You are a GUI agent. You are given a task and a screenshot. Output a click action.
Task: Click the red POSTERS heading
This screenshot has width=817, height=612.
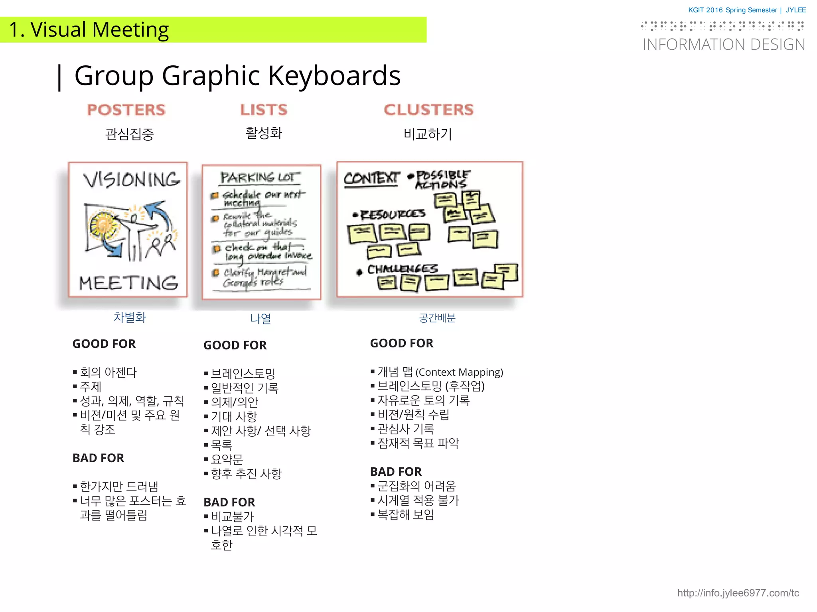pos(126,110)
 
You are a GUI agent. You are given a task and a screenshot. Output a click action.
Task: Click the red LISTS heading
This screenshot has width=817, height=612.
pos(264,110)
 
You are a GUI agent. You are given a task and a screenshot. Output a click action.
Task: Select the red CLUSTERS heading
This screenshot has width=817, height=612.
pos(429,110)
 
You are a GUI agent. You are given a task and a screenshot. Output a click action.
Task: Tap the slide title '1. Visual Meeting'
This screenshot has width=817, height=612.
pos(89,30)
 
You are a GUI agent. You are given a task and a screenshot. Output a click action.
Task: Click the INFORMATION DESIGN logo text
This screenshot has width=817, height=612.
pos(724,45)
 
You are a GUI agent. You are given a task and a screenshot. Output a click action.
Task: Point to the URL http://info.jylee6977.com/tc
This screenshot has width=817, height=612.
pos(738,593)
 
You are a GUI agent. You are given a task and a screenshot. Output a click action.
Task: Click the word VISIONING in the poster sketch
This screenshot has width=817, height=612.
pos(132,180)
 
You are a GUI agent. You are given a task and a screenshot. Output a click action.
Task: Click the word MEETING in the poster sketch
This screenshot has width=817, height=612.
pos(128,283)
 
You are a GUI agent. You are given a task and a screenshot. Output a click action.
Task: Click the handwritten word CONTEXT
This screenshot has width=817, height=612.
pos(371,178)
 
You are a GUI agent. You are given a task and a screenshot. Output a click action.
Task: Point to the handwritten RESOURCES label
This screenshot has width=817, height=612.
pos(393,215)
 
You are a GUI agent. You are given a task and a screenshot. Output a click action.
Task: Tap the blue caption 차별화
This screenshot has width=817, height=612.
pos(130,318)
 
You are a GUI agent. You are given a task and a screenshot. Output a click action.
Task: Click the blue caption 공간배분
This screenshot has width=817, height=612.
pos(437,318)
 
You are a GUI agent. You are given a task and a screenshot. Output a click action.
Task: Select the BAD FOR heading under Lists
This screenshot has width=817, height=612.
pos(229,502)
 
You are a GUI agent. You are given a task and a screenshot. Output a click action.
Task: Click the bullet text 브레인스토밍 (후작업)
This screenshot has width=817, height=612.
pos(431,386)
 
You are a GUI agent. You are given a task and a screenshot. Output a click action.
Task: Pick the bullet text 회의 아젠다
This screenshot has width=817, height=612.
pos(108,372)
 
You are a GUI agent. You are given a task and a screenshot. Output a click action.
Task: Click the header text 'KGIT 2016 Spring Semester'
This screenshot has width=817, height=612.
pos(732,10)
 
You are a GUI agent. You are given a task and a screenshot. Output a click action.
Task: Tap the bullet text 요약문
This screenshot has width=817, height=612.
pos(227,459)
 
